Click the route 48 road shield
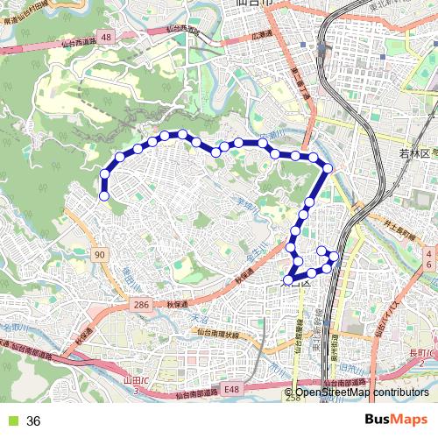click(106, 37)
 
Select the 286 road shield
click(141, 303)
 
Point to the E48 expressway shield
click(230, 388)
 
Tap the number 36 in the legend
click(34, 421)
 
